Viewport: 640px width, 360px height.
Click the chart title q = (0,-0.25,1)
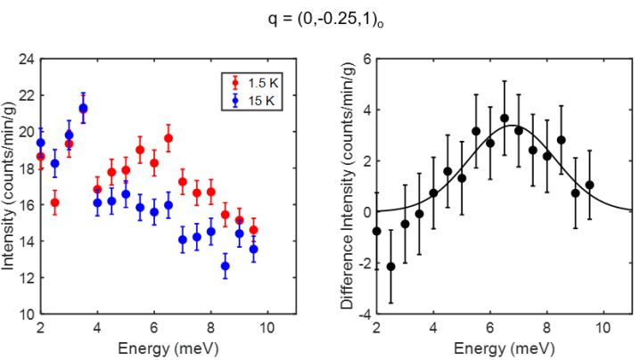(321, 19)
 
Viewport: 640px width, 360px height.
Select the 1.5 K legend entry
(255, 83)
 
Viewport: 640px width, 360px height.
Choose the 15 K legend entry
(255, 101)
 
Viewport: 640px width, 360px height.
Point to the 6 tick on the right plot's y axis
(365, 60)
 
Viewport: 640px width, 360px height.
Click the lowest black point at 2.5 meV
(390, 266)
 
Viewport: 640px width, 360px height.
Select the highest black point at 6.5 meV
(505, 118)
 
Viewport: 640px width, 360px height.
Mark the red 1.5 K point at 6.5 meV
(168, 138)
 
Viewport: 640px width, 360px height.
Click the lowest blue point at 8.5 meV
(226, 266)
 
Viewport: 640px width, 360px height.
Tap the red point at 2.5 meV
(54, 202)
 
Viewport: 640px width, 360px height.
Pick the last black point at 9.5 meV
(589, 184)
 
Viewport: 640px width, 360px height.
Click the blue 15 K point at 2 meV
(40, 143)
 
